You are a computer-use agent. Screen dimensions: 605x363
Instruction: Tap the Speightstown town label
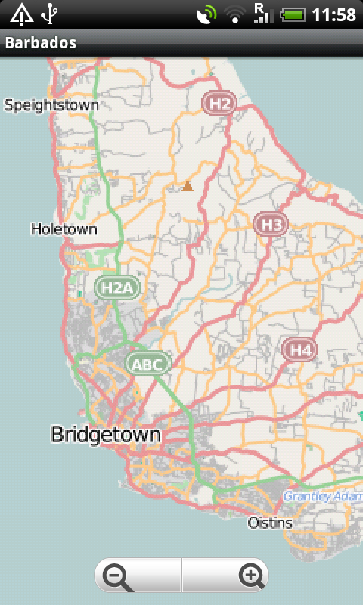click(51, 105)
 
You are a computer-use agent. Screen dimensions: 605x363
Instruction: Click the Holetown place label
click(64, 228)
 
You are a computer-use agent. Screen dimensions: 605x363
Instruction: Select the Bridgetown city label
click(106, 434)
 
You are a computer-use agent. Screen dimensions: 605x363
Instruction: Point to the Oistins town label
click(270, 523)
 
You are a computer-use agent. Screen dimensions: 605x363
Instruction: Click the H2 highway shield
click(219, 103)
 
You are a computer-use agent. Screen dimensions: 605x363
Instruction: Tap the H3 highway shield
click(271, 224)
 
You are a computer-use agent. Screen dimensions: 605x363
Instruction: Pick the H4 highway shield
click(300, 349)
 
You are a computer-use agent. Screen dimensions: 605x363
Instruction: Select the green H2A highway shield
click(117, 287)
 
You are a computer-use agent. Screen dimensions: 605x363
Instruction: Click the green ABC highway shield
click(147, 365)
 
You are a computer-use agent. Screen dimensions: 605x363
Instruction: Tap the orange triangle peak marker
click(188, 186)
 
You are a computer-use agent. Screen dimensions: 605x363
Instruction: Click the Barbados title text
click(41, 43)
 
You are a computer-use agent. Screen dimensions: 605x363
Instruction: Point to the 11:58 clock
click(334, 14)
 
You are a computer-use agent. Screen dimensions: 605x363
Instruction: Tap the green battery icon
click(293, 14)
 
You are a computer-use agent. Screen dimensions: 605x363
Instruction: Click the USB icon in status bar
click(50, 14)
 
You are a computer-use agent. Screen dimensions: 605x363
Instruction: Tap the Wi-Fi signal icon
click(234, 14)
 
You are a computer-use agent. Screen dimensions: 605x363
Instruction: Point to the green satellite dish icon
click(206, 14)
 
